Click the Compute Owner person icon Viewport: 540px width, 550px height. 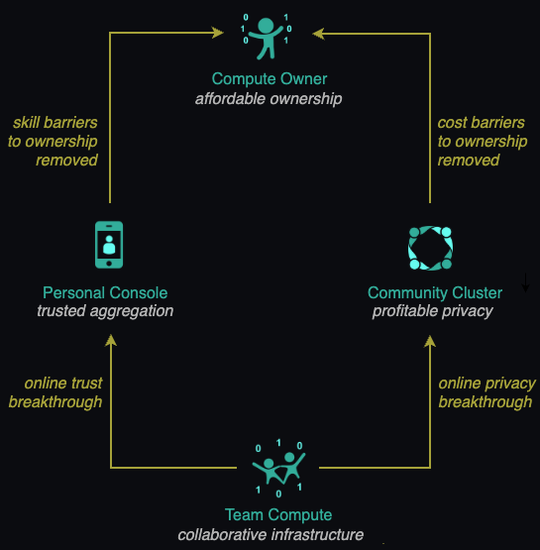click(x=266, y=37)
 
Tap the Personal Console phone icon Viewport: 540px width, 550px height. click(x=109, y=245)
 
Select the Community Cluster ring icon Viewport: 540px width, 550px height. click(x=430, y=248)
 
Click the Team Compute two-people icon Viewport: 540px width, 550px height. click(x=278, y=469)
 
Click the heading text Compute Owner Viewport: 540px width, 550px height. click(x=270, y=79)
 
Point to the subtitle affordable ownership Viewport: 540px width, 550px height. click(x=269, y=99)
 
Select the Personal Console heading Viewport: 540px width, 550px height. click(x=105, y=293)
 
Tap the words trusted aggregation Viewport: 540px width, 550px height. click(x=105, y=311)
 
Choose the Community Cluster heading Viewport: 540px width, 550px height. click(x=435, y=293)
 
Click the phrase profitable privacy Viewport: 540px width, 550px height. click(x=433, y=311)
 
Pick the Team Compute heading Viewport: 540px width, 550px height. click(x=278, y=515)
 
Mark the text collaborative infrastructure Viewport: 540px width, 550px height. click(x=270, y=535)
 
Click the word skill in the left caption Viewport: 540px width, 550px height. click(x=26, y=123)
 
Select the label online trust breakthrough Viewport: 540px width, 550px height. click(x=55, y=392)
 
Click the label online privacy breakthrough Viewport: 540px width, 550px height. click(x=486, y=392)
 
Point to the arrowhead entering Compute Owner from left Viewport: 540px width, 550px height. click(x=218, y=33)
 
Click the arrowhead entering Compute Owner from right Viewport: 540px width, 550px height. click(x=318, y=34)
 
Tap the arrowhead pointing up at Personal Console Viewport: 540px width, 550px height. click(x=111, y=340)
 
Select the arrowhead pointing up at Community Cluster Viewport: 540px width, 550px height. click(x=430, y=341)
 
